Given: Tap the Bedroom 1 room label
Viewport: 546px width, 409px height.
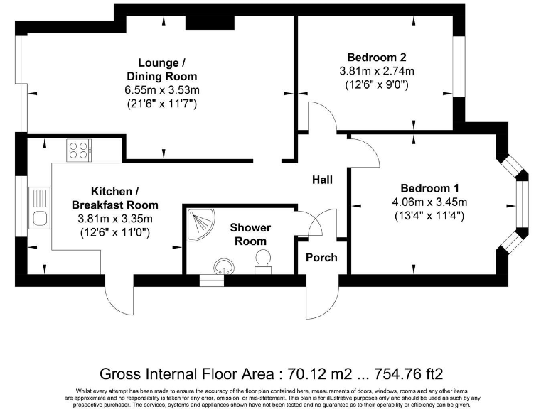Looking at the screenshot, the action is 429,188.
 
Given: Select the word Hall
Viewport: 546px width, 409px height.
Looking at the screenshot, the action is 322,180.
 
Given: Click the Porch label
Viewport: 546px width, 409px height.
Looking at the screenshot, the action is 321,258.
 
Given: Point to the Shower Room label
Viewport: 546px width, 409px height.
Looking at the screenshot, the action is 250,234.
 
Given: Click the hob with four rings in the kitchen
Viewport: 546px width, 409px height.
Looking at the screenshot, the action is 79,151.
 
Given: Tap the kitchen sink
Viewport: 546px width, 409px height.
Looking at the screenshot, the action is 40,208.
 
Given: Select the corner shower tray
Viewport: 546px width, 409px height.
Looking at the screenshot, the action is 201,224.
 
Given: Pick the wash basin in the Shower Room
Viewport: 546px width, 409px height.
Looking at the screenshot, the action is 224,266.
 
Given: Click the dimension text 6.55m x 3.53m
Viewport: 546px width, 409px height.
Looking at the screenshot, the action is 162,90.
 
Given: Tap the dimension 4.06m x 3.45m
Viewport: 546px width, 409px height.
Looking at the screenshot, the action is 429,202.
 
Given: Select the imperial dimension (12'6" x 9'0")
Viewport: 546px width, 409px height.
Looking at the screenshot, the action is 377,85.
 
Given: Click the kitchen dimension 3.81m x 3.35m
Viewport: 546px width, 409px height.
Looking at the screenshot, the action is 115,219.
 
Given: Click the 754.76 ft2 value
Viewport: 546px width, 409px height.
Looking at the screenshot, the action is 409,374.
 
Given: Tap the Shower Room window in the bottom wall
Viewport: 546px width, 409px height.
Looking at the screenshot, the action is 211,280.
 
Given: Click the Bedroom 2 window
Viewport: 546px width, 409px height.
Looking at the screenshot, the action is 459,67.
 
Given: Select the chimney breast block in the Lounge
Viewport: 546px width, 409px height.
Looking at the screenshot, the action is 210,23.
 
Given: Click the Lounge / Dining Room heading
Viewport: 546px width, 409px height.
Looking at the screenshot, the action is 162,70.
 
